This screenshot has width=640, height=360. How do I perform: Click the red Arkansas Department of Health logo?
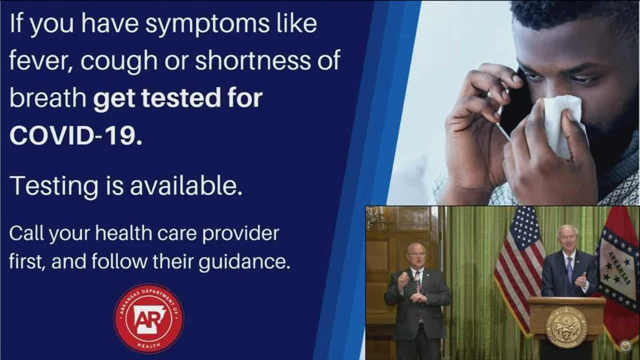[x=149, y=318]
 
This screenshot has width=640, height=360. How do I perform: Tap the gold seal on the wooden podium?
[x=566, y=326]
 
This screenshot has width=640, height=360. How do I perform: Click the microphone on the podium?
[x=566, y=283]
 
